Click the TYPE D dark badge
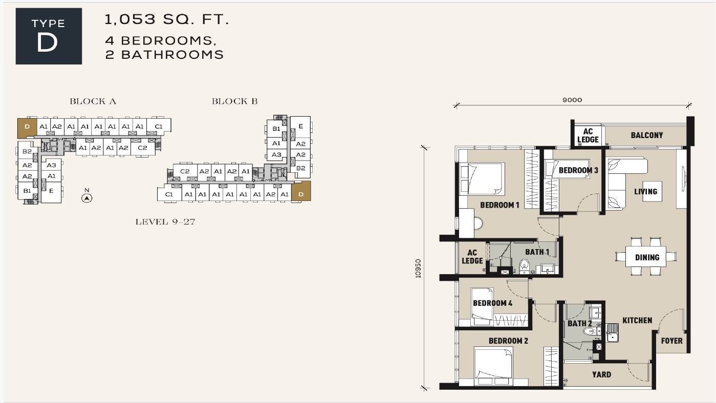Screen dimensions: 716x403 click(49, 36)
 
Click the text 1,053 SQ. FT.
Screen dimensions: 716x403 click(167, 19)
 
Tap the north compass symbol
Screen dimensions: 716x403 click(87, 198)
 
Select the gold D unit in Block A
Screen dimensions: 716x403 click(27, 128)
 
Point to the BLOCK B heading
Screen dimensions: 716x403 click(234, 101)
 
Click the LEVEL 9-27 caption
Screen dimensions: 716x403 click(165, 221)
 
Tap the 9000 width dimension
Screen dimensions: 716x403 click(572, 100)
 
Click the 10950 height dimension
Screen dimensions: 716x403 click(418, 268)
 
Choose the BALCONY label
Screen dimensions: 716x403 click(647, 135)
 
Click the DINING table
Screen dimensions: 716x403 click(646, 256)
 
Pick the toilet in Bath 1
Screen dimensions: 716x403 click(524, 266)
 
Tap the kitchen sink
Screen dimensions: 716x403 click(613, 332)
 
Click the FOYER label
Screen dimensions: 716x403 click(672, 341)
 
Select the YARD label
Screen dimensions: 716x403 click(601, 374)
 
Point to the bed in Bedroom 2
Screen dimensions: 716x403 click(493, 366)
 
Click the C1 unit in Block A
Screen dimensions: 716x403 click(159, 126)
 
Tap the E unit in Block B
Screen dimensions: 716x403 click(300, 127)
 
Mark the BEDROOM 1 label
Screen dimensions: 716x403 click(500, 205)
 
